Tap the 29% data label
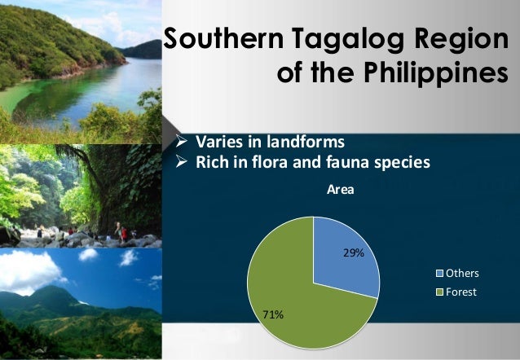click(x=353, y=253)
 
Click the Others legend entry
click(x=461, y=274)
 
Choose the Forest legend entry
click(x=461, y=291)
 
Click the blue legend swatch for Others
click(x=441, y=274)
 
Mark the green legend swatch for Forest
click(x=441, y=291)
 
